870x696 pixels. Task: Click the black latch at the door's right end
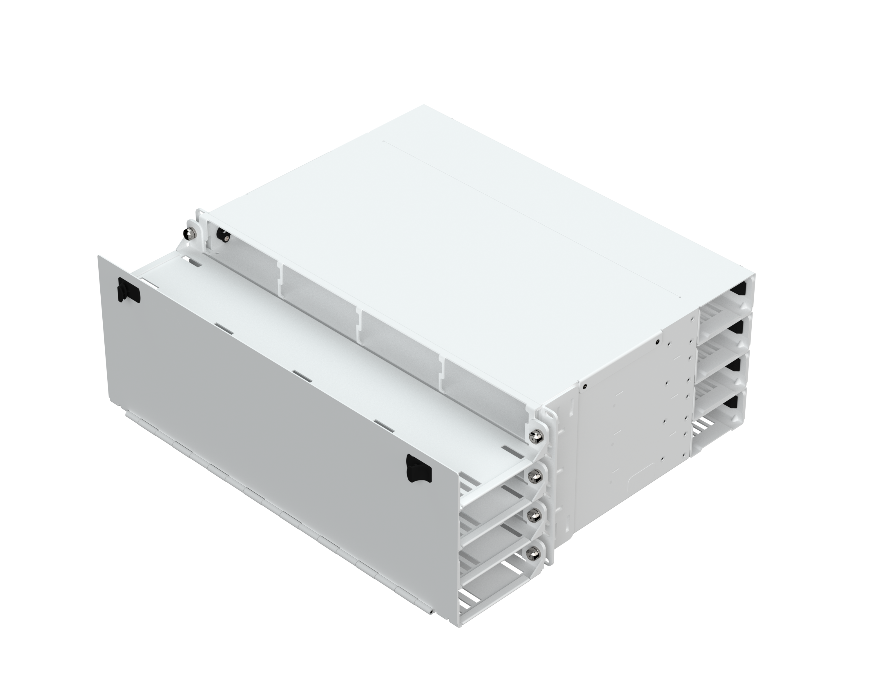coord(418,469)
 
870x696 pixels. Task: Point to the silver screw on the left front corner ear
coord(188,234)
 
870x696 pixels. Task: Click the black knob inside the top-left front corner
coord(222,234)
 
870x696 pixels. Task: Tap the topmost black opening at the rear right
coord(740,290)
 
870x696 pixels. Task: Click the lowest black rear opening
coord(740,403)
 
